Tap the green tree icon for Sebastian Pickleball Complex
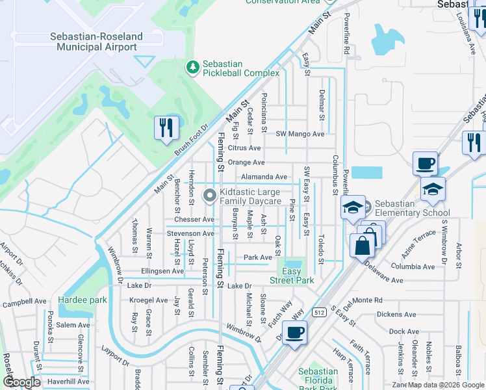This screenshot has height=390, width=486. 192,66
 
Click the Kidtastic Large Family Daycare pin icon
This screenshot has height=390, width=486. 210,196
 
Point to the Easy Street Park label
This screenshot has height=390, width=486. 292,276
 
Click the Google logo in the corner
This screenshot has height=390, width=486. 21,382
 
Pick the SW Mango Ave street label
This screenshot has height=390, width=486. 300,134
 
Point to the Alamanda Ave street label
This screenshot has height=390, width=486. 264,177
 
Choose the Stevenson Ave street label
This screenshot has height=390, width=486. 190,233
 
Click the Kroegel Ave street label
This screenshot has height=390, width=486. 148,300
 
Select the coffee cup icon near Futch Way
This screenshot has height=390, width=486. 296,333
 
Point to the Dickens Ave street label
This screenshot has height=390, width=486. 396,315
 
